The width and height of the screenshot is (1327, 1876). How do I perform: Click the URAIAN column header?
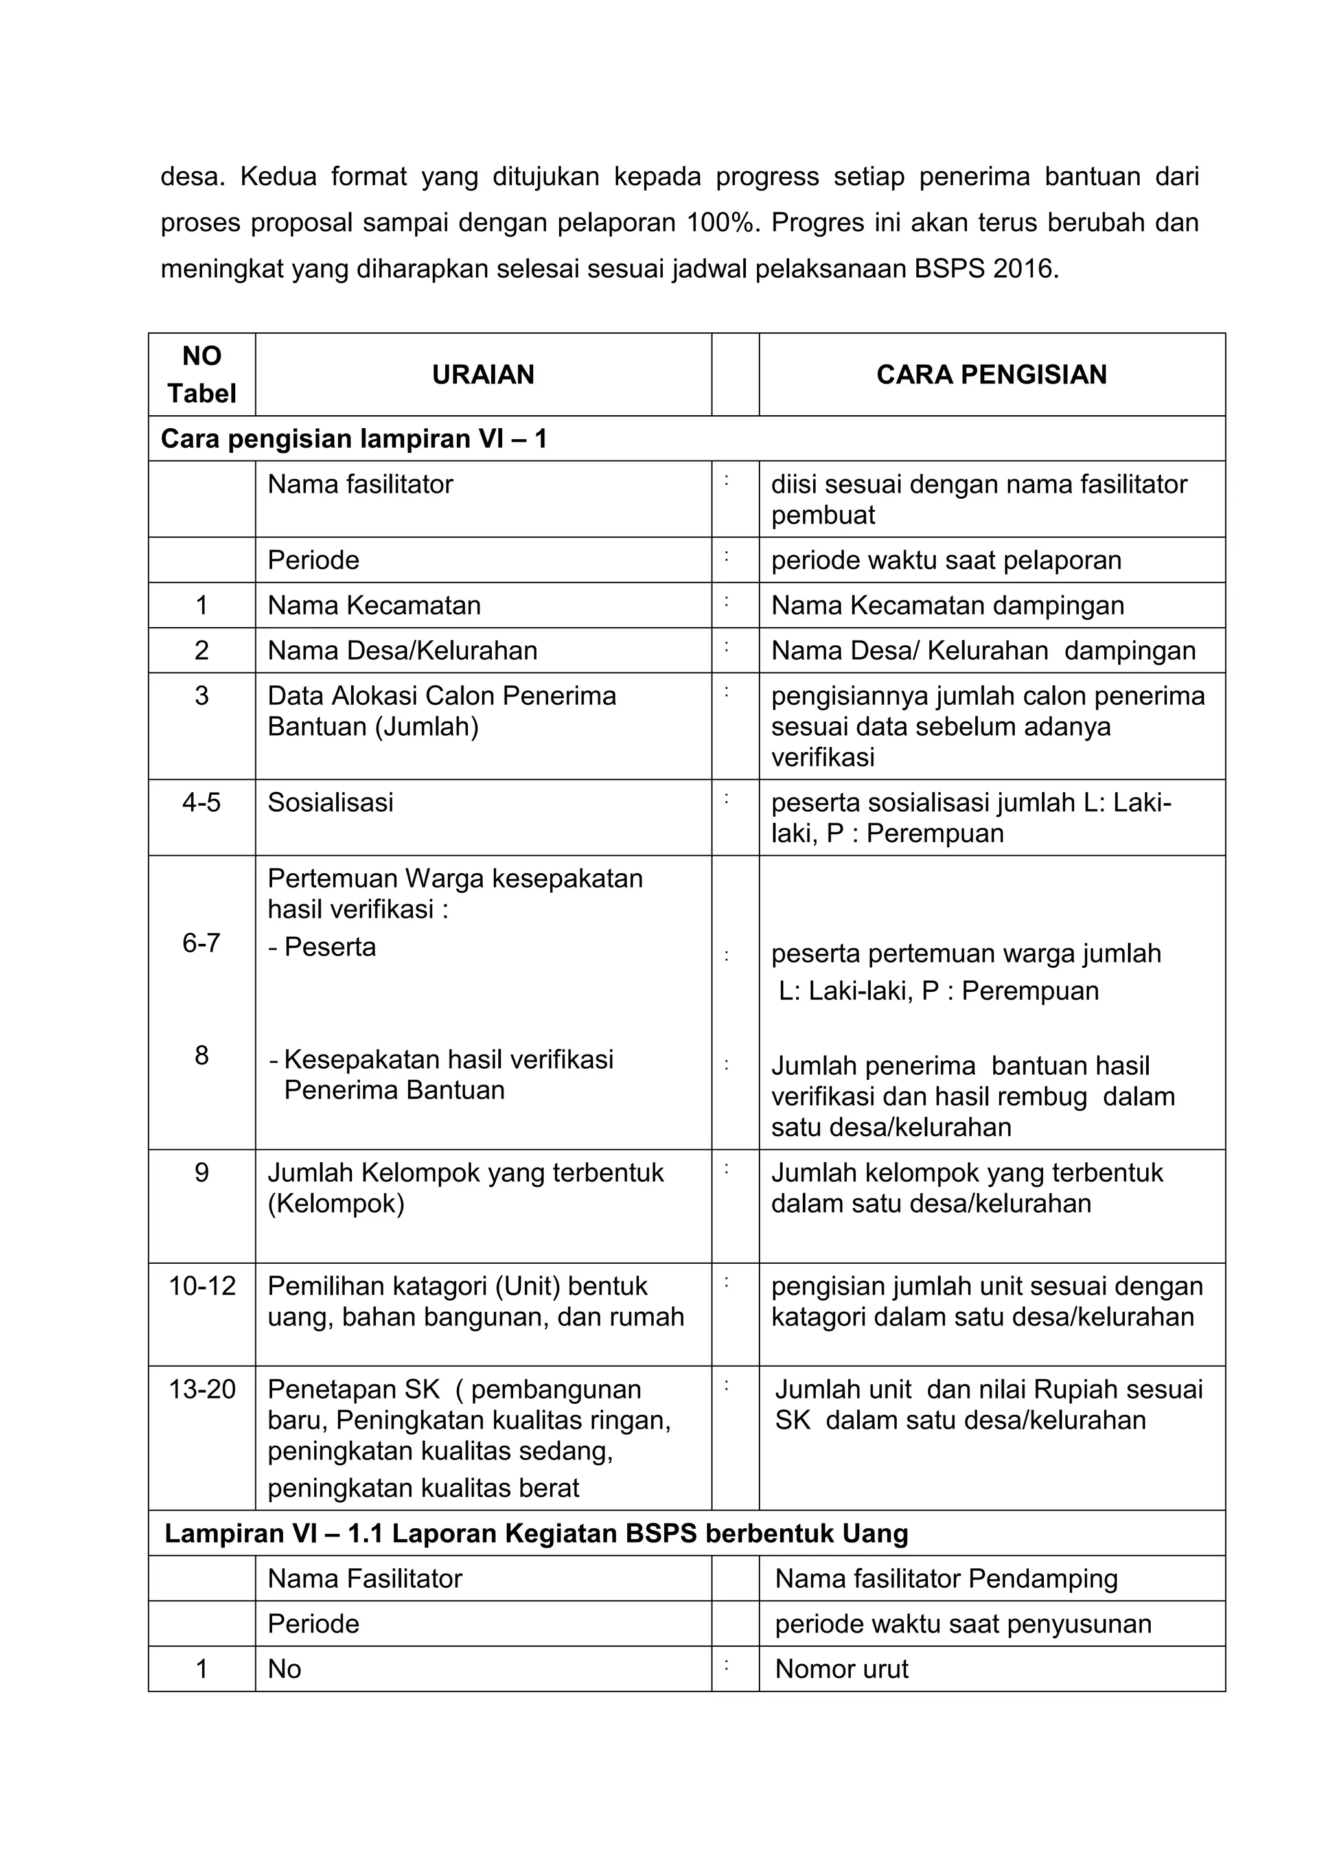(x=483, y=374)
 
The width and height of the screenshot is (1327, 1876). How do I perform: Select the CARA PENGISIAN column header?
(x=991, y=374)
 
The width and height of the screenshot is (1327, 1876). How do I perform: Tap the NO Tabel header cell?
(x=202, y=374)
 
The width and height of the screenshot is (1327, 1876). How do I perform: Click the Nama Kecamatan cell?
(x=375, y=606)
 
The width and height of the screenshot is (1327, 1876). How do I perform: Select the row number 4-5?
(x=202, y=803)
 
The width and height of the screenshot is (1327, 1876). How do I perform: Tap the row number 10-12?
(x=202, y=1286)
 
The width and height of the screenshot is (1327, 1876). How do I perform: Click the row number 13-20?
(x=202, y=1389)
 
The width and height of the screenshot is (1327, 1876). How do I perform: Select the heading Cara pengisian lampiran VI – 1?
(x=354, y=439)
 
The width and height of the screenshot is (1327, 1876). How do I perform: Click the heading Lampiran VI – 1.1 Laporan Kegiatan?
(x=536, y=1534)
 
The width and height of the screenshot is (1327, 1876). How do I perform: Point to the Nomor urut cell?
(x=842, y=1669)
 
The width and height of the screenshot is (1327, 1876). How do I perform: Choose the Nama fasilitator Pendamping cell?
(x=946, y=1579)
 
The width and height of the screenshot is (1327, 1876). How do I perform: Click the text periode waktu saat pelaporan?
(x=946, y=560)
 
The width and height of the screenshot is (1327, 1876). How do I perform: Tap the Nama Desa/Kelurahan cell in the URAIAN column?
(x=403, y=650)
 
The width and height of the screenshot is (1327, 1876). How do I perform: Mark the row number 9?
(x=202, y=1172)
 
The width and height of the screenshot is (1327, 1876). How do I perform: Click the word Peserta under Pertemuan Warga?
(x=330, y=947)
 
